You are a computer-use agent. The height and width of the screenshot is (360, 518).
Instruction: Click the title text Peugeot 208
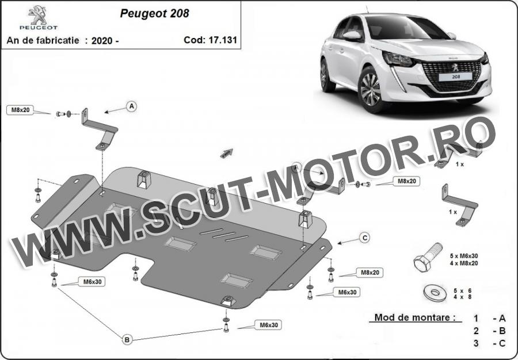point(154,13)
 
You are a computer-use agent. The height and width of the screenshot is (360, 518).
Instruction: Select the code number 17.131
point(223,40)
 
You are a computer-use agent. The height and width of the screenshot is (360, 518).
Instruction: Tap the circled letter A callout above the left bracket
point(131,106)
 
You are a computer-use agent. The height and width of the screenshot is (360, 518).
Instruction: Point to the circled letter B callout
point(127,339)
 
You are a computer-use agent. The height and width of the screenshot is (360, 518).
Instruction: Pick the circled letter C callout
point(364,238)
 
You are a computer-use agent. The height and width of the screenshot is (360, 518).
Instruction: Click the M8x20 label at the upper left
point(21,110)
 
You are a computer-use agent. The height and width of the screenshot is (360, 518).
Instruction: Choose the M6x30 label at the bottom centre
point(269,325)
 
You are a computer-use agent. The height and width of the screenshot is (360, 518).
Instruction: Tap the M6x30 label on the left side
point(92,282)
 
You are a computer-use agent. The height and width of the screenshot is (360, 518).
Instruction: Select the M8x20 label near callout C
point(370,273)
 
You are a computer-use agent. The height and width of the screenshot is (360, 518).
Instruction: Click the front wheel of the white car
point(370,89)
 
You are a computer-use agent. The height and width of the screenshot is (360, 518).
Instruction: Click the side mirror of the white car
point(352,36)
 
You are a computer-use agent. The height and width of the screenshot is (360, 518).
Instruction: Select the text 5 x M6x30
point(463,256)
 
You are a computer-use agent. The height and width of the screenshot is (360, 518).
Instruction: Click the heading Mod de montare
point(413,317)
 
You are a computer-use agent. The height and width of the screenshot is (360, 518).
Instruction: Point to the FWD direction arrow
point(227,153)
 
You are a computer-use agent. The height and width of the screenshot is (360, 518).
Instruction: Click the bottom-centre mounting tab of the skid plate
point(228,301)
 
